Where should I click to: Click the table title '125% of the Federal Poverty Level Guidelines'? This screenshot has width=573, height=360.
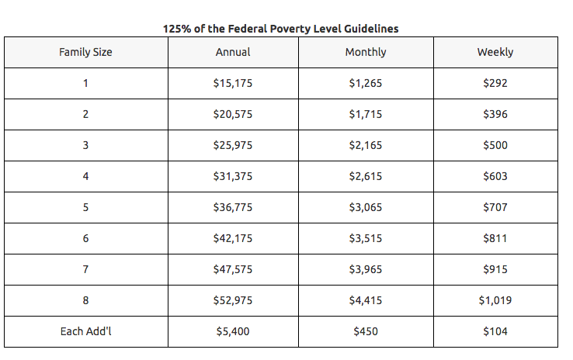(280, 29)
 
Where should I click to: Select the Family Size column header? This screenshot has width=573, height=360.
(85, 52)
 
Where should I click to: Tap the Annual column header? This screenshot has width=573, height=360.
(233, 52)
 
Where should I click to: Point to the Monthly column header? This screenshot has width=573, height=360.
(366, 52)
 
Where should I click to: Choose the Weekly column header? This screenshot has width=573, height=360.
(495, 52)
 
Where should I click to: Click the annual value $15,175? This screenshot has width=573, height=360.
(233, 83)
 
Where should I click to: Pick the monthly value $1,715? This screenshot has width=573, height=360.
(366, 114)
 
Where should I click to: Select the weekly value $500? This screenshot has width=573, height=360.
(495, 145)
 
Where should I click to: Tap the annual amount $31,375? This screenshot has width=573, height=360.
(233, 176)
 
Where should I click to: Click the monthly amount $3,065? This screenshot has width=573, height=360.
(366, 207)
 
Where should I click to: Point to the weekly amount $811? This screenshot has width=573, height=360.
(495, 238)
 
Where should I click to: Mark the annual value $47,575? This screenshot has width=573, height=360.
(233, 269)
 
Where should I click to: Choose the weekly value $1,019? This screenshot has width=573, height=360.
(495, 300)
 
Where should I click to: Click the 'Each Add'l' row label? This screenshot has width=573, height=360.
(85, 331)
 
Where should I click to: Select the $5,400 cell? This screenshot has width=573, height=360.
(233, 331)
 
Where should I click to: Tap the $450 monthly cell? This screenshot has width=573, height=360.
(366, 331)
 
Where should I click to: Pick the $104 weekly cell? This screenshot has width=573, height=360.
(495, 331)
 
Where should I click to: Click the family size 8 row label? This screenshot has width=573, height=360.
(85, 300)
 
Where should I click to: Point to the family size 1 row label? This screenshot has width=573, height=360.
(85, 83)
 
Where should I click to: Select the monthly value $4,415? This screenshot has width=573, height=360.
(366, 300)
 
